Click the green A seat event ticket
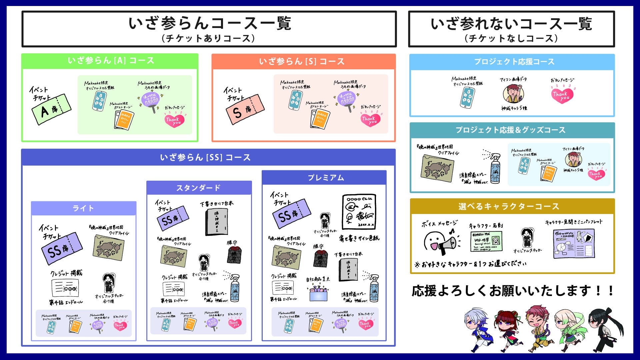pos(51,109)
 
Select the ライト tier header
pos(83,208)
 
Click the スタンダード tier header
pos(199,188)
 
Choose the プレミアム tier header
pos(324,178)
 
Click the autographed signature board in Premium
pos(359,212)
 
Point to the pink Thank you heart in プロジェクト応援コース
pos(562,95)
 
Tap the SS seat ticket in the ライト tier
pos(62,248)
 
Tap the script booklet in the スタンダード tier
pos(217,222)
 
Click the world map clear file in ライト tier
pos(108,247)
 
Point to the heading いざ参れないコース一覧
pos(511,24)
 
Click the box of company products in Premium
pos(318,293)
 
